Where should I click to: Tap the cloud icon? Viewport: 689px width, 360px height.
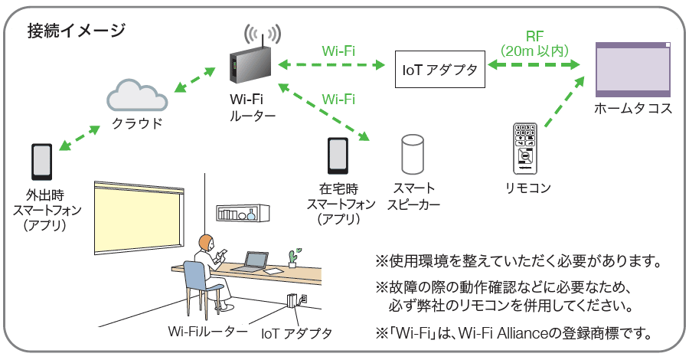tap(137, 95)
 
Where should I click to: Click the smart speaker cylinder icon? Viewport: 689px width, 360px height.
tap(413, 155)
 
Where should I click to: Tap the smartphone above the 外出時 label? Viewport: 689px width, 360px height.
tap(42, 161)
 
